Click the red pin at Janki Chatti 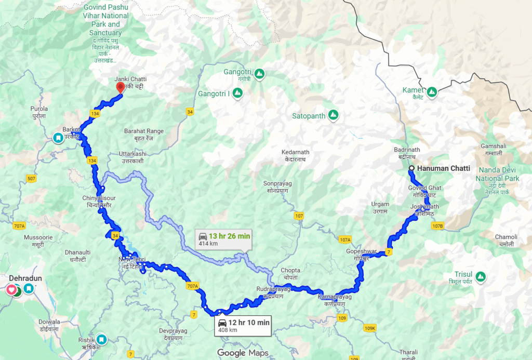(120, 87)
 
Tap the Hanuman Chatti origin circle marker (411, 168)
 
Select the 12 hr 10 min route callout (243, 326)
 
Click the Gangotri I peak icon (237, 94)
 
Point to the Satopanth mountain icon (333, 115)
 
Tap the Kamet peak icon (431, 92)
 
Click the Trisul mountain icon (481, 276)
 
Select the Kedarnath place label (295, 155)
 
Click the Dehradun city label (25, 278)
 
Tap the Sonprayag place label (277, 186)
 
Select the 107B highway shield (437, 226)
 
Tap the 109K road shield (370, 328)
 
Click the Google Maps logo (243, 353)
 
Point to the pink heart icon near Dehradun (11, 289)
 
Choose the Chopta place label (290, 273)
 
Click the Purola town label (39, 112)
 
